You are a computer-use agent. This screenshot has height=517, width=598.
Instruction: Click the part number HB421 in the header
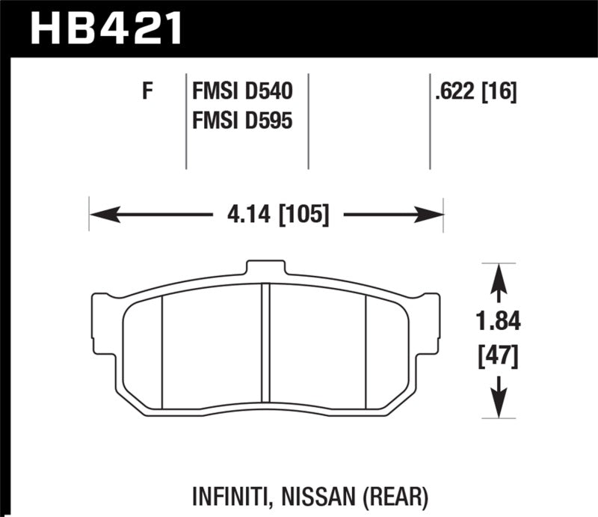[x=105, y=29]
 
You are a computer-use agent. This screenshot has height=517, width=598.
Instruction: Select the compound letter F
[x=147, y=94]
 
